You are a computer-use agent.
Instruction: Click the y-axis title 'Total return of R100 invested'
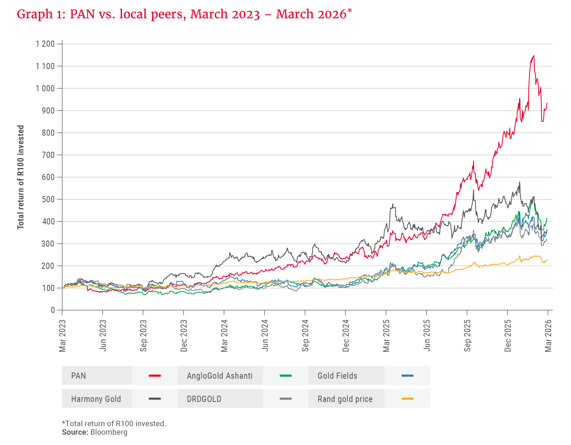click(21, 177)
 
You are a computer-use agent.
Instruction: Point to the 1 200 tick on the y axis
click(45, 44)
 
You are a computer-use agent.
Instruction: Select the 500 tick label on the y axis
click(48, 199)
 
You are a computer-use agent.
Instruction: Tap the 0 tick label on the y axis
click(53, 310)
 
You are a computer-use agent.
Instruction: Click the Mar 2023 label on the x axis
click(62, 336)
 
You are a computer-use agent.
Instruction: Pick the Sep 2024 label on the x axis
click(305, 336)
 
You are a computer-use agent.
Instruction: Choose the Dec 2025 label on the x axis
click(508, 336)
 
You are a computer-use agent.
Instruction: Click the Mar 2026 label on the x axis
click(548, 336)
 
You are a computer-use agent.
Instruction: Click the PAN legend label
click(78, 376)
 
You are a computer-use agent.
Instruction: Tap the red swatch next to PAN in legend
click(155, 376)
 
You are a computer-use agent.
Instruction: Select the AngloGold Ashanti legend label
click(220, 376)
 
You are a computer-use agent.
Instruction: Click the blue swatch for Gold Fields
click(407, 376)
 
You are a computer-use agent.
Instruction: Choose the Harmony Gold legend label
click(96, 399)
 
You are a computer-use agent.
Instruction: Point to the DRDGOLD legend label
click(204, 399)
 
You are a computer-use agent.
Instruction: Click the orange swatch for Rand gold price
click(407, 399)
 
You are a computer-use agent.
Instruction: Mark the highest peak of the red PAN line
click(534, 56)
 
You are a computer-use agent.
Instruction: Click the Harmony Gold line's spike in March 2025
click(392, 204)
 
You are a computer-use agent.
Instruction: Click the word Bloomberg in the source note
click(109, 432)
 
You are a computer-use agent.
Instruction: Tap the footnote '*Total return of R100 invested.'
click(114, 424)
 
